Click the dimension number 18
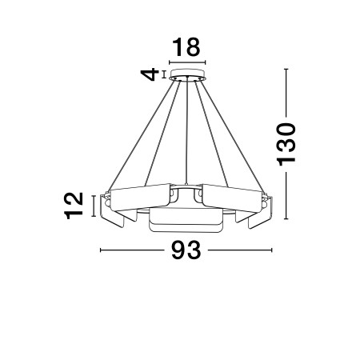pyautogui.click(x=186, y=47)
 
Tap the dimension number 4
pyautogui.click(x=150, y=74)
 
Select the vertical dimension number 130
pyautogui.click(x=286, y=145)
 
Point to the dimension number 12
pyautogui.click(x=74, y=206)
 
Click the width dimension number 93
pyautogui.click(x=186, y=250)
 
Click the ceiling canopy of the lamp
pyautogui.click(x=187, y=74)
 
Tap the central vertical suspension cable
pyautogui.click(x=187, y=131)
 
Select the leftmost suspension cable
pyautogui.click(x=141, y=135)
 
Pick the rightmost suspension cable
pyautogui.click(x=233, y=135)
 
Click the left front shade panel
pyautogui.click(x=140, y=197)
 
